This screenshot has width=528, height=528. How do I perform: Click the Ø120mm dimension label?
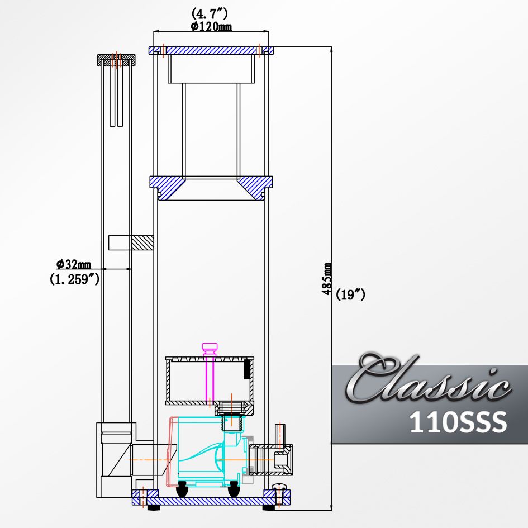click(211, 26)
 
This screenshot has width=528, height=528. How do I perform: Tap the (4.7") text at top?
click(209, 12)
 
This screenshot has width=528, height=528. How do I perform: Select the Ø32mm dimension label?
click(74, 264)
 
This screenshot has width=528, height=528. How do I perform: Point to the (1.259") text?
click(75, 279)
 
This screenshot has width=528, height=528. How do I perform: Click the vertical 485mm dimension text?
click(329, 279)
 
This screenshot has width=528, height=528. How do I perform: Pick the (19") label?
click(351, 294)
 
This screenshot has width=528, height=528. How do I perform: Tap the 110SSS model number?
click(458, 422)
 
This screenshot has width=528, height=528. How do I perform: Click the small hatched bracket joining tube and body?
click(142, 242)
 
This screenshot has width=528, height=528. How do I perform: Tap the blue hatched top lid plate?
click(211, 50)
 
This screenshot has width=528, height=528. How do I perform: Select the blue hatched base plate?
click(211, 498)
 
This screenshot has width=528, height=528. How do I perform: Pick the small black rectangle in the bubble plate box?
click(246, 369)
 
